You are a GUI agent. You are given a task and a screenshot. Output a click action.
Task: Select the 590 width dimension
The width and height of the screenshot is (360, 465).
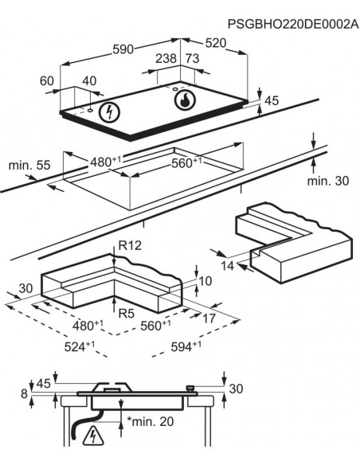[x=122, y=49]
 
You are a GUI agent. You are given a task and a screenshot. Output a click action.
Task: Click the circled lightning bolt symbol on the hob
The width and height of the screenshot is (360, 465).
[x=106, y=112]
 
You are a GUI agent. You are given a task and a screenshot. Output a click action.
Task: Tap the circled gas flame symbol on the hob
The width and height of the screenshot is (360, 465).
[x=184, y=102]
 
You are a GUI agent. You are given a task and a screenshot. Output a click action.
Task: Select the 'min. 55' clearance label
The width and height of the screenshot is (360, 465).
[x=30, y=165]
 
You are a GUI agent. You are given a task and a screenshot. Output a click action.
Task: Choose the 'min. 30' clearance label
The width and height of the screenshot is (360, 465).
[x=327, y=181]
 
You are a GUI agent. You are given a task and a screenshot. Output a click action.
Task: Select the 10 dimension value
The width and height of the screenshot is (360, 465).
[x=206, y=281]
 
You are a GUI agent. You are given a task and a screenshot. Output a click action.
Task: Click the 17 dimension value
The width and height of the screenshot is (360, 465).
[x=208, y=318]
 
